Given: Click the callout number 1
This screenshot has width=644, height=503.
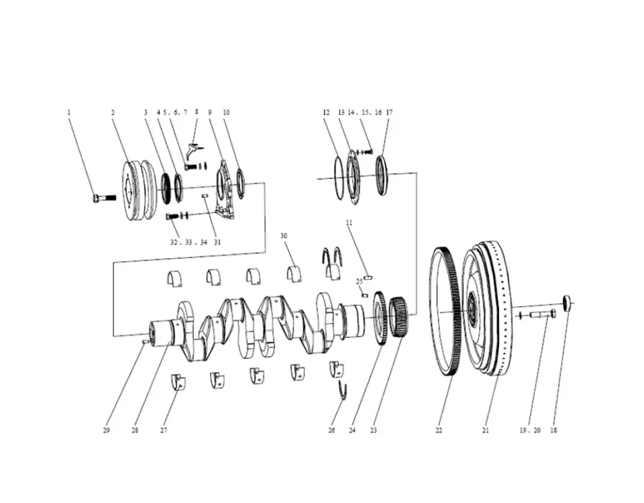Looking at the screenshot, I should [x=68, y=113].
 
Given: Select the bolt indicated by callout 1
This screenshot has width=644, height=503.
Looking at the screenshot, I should [x=103, y=198].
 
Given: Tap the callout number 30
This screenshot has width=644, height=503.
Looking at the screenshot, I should [x=284, y=236].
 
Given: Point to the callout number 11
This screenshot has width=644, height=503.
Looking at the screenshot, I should [x=350, y=222].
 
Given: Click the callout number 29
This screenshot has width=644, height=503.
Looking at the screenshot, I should [x=106, y=430].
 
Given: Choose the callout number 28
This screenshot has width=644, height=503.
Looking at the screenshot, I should [x=135, y=430].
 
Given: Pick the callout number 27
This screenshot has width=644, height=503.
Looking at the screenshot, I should [x=164, y=430].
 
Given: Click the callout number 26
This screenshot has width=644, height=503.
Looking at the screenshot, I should [x=331, y=430].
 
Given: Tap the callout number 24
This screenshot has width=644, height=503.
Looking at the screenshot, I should [x=352, y=430].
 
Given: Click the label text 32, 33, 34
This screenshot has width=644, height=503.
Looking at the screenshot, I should [x=189, y=242].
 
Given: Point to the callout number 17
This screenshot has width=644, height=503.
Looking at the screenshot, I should [x=389, y=113].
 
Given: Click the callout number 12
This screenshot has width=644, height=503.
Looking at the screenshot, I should [x=326, y=113].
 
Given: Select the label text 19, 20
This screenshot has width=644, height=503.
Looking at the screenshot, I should [x=529, y=430].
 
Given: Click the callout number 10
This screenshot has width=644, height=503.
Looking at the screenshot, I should [x=226, y=113].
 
